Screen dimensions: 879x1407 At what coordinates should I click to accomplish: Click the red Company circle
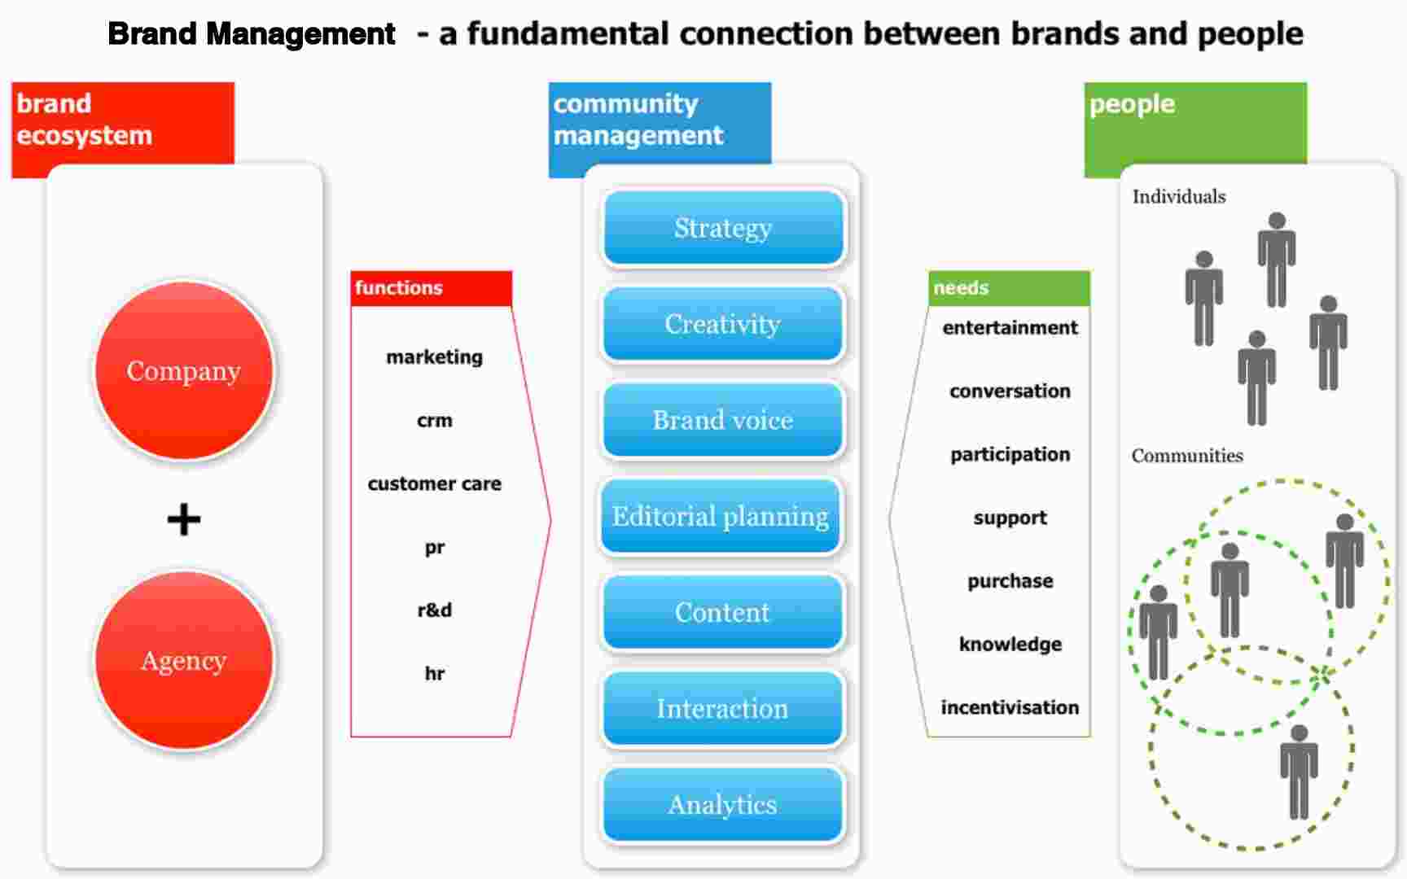point(184,371)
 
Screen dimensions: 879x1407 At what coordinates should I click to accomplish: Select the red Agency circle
point(184,660)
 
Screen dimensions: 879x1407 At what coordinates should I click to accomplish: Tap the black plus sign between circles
point(184,519)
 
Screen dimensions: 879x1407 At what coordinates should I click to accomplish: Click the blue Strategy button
point(722,228)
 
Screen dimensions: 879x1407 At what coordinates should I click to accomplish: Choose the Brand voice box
point(722,420)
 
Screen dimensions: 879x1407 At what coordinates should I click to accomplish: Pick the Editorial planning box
point(721,516)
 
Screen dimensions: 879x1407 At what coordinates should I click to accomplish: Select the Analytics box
point(722,804)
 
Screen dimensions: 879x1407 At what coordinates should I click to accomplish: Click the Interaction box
point(722,708)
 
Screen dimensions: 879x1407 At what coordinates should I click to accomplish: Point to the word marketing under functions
point(434,357)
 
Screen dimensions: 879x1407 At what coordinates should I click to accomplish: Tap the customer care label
point(434,483)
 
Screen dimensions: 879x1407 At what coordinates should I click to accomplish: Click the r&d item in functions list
point(434,610)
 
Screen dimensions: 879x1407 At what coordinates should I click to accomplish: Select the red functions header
point(431,288)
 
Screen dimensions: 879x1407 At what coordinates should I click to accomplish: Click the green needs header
point(1008,288)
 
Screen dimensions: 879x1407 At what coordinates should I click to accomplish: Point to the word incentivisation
point(1010,707)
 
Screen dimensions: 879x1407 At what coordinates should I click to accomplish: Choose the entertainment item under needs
point(1010,327)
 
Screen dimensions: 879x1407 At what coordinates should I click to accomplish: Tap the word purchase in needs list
point(1010,580)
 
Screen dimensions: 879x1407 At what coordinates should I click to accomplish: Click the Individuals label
point(1178,197)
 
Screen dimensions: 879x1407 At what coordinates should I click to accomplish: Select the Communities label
point(1186,456)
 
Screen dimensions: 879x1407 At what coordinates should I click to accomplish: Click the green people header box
point(1194,122)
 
